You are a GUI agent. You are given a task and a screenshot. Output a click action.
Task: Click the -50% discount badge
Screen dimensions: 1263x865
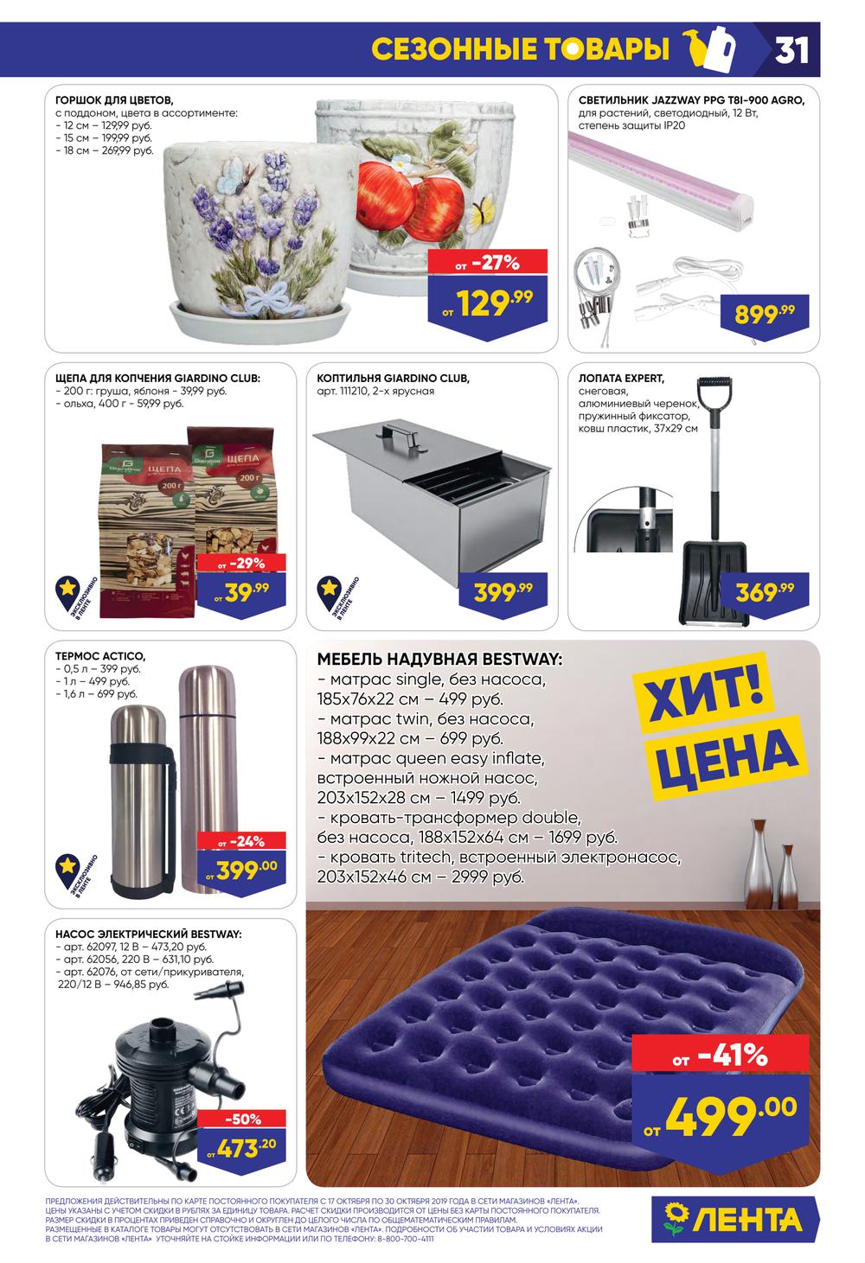pyautogui.click(x=243, y=1119)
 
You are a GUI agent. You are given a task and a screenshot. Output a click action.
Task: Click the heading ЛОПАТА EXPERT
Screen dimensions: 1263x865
pyautogui.click(x=620, y=379)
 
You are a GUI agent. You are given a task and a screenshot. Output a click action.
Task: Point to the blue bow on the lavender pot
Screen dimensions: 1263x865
pyautogui.click(x=261, y=298)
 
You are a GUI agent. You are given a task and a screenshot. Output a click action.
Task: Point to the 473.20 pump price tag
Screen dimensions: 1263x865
pyautogui.click(x=243, y=1148)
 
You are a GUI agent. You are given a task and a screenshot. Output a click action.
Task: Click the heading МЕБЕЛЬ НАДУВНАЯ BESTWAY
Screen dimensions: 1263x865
pyautogui.click(x=439, y=660)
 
